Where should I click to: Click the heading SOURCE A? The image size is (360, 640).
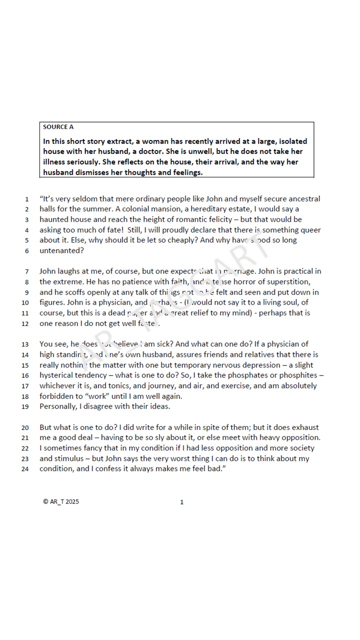(x=58, y=127)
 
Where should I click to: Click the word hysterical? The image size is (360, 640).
(x=59, y=375)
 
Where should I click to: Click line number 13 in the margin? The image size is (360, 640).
(x=25, y=344)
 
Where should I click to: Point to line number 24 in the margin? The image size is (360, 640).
(x=25, y=469)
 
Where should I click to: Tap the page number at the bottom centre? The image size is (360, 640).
(x=182, y=502)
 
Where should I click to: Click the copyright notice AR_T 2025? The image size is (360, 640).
(x=61, y=502)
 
